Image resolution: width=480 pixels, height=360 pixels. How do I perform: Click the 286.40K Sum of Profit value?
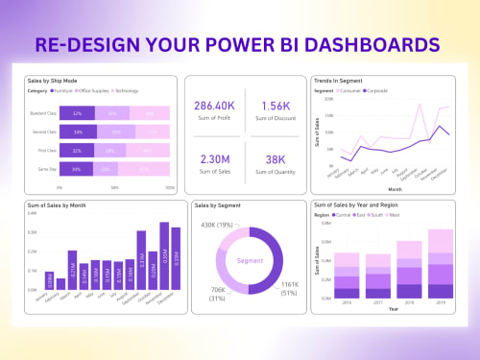(214, 105)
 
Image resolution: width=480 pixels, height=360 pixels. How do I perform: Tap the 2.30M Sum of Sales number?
(214, 160)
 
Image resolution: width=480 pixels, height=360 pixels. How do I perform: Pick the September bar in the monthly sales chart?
(141, 260)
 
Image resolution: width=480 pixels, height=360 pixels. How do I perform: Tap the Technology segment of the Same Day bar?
(150, 169)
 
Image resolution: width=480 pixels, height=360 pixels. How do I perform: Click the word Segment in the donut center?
(248, 260)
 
